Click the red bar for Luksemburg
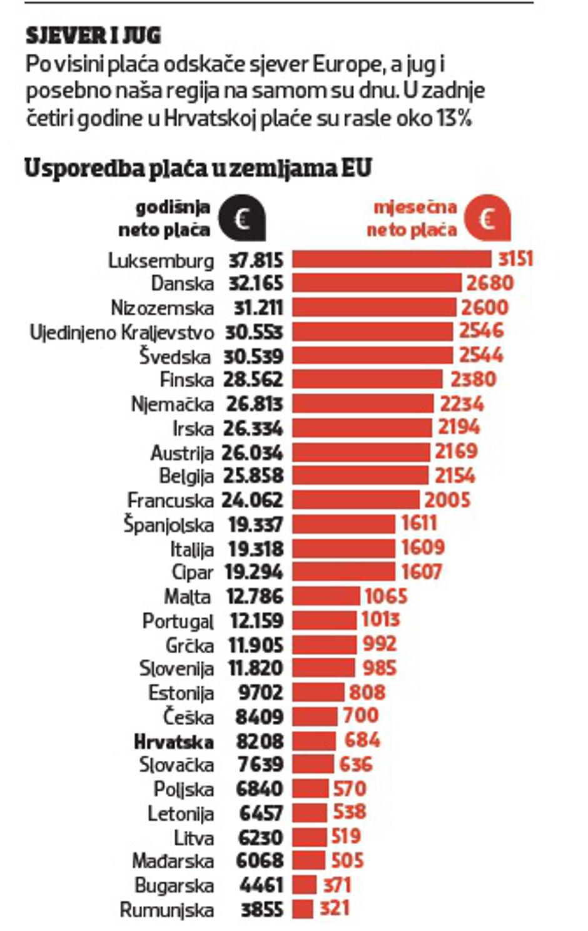pyautogui.click(x=392, y=259)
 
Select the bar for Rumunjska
pyautogui.click(x=303, y=908)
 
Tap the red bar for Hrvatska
pyautogui.click(x=315, y=741)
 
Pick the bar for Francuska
pyautogui.click(x=356, y=500)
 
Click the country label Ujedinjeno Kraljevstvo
pyautogui.click(x=122, y=332)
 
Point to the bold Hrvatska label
pyautogui.click(x=174, y=741)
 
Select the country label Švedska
pyautogui.click(x=175, y=357)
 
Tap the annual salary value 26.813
pyautogui.click(x=255, y=404)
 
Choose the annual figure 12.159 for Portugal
pyautogui.click(x=256, y=621)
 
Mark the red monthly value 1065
pyautogui.click(x=386, y=596)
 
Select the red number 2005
pyautogui.click(x=447, y=500)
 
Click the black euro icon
pyautogui.click(x=242, y=219)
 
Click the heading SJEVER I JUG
pyautogui.click(x=93, y=36)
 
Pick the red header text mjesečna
pyautogui.click(x=415, y=208)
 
